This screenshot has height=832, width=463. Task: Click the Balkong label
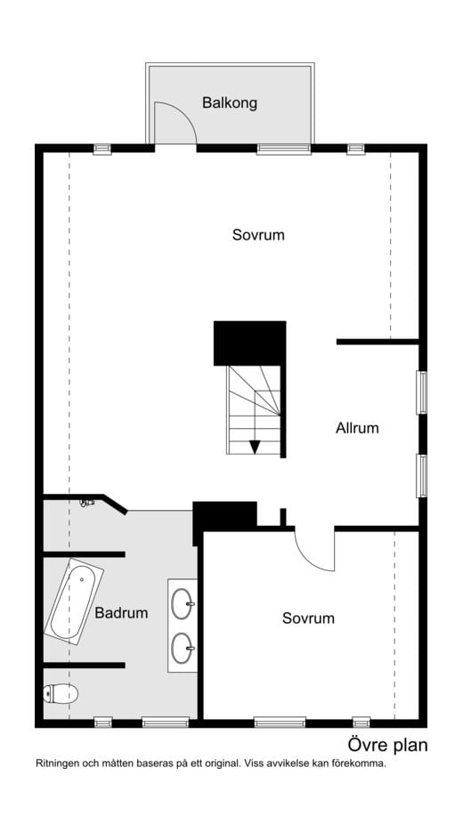point(230,103)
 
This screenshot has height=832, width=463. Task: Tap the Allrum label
point(357,428)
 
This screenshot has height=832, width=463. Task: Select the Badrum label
point(121,613)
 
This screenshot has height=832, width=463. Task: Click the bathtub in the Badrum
point(74,602)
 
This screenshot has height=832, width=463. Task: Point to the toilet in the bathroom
point(61,693)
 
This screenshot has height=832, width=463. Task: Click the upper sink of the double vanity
point(183,603)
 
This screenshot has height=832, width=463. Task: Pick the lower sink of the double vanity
point(183,648)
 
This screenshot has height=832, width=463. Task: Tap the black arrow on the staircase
point(255,447)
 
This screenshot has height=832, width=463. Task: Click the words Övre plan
point(387,745)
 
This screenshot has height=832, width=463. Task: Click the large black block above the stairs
point(249,343)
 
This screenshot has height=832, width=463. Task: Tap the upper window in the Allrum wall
point(421,392)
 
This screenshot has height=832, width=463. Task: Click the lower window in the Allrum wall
point(421,475)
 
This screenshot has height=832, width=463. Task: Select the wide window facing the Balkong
point(284,149)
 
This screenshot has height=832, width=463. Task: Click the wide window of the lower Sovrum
point(280,723)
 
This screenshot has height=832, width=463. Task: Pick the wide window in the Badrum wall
point(165,723)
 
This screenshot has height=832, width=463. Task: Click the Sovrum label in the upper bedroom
point(258,235)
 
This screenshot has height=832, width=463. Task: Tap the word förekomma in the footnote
point(361,764)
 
